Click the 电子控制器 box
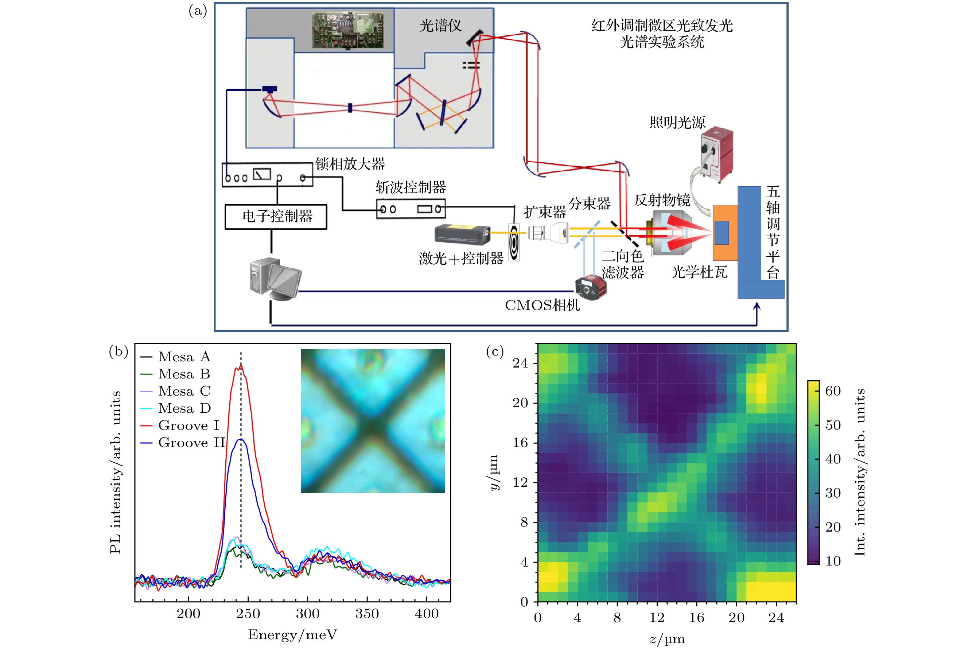click(276, 217)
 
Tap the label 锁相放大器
click(350, 164)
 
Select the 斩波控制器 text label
click(411, 187)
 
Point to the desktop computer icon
click(275, 278)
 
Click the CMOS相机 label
click(542, 306)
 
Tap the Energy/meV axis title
click(293, 634)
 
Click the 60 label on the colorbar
click(833, 391)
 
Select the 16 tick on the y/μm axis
click(520, 443)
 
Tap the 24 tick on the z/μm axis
click(776, 618)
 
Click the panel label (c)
click(495, 351)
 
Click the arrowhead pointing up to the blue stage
click(757, 306)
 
